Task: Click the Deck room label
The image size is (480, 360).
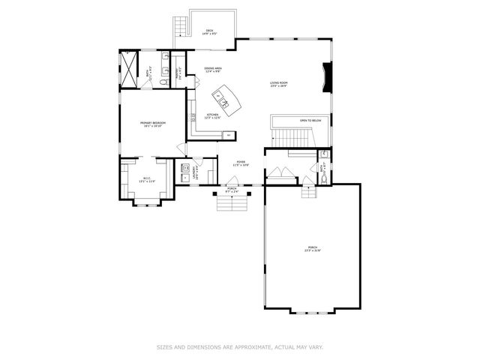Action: tap(211, 31)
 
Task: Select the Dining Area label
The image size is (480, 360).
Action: tap(213, 70)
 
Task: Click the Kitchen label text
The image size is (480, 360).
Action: tap(213, 116)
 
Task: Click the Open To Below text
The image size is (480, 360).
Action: tap(310, 120)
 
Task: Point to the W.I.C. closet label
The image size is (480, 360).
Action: tap(147, 179)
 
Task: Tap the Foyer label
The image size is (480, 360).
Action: tap(241, 163)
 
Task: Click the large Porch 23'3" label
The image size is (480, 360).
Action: tap(312, 249)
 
